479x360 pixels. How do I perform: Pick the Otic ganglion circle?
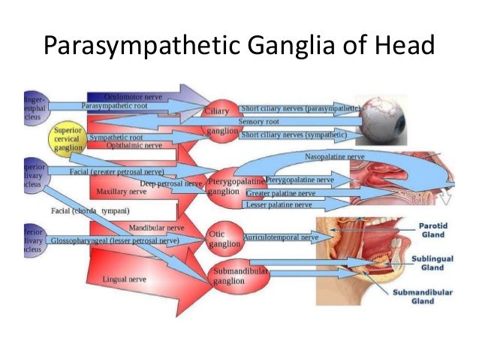223,237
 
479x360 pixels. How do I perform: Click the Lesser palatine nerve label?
279,204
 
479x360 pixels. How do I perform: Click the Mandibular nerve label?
156,226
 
